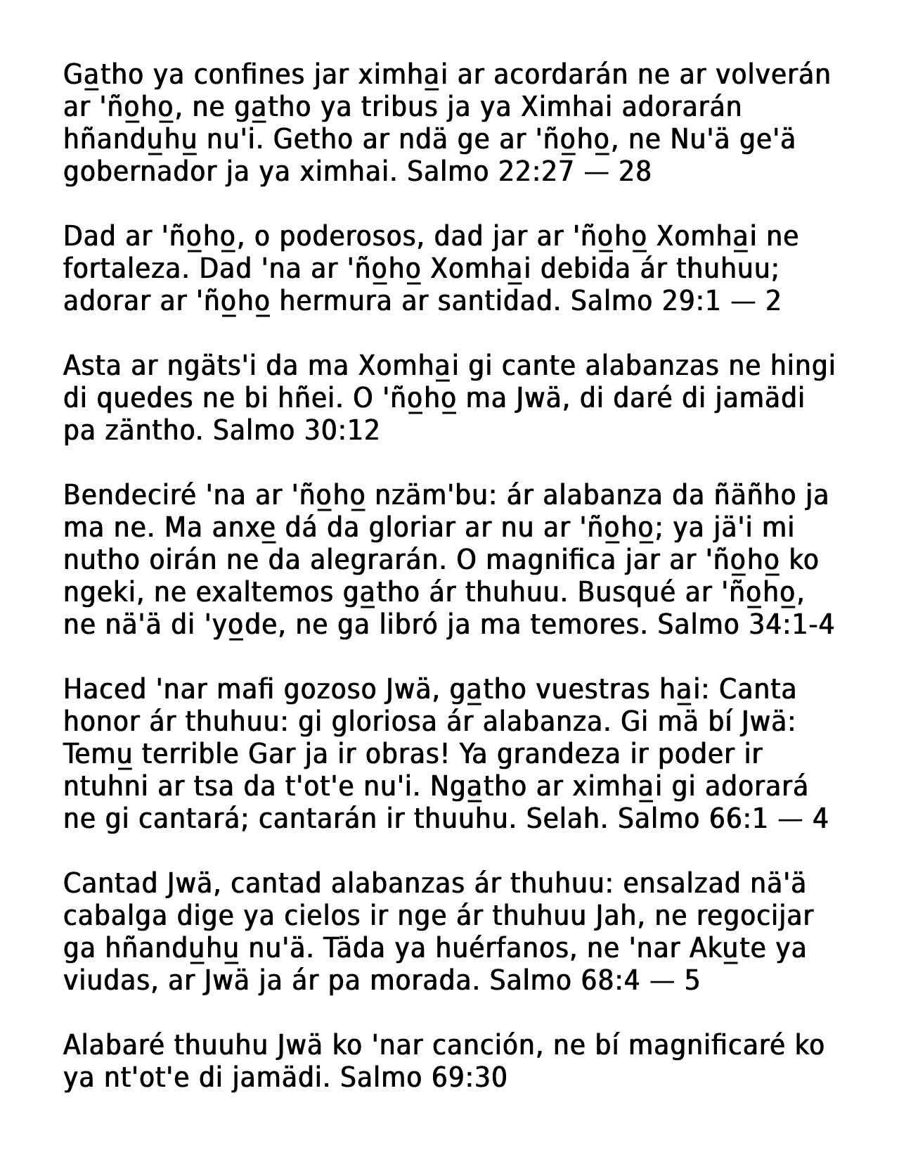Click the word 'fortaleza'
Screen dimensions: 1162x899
pyautogui.click(x=124, y=269)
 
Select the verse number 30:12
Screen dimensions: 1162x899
pyautogui.click(x=342, y=430)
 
